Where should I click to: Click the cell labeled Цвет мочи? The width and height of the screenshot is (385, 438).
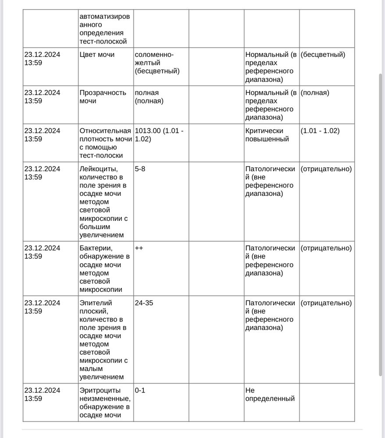pos(97,55)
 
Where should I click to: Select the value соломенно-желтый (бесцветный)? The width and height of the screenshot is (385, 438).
pos(157,63)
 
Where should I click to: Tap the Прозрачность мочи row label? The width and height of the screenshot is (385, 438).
pos(103,97)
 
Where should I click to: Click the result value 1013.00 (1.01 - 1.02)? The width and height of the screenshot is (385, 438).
pos(159,135)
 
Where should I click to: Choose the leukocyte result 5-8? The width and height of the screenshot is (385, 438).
pos(140,169)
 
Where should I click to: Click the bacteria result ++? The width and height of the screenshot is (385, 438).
pos(139,248)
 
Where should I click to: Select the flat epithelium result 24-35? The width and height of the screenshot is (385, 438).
pos(144,303)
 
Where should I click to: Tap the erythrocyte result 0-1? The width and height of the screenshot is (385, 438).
pos(140,390)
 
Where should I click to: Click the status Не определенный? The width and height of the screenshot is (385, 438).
pos(270,394)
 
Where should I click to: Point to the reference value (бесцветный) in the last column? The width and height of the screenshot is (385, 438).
pos(323,55)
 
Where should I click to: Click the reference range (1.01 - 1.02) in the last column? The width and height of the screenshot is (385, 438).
pos(320,131)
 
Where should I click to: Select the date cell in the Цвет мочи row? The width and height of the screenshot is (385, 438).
pos(42,59)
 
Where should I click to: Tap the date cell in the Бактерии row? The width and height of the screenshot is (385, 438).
pos(42,252)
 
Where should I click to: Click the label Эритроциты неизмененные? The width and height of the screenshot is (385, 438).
pos(105,403)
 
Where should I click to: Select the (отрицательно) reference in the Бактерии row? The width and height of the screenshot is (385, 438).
pos(326,248)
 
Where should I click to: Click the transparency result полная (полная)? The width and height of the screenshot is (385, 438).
pos(149,97)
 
